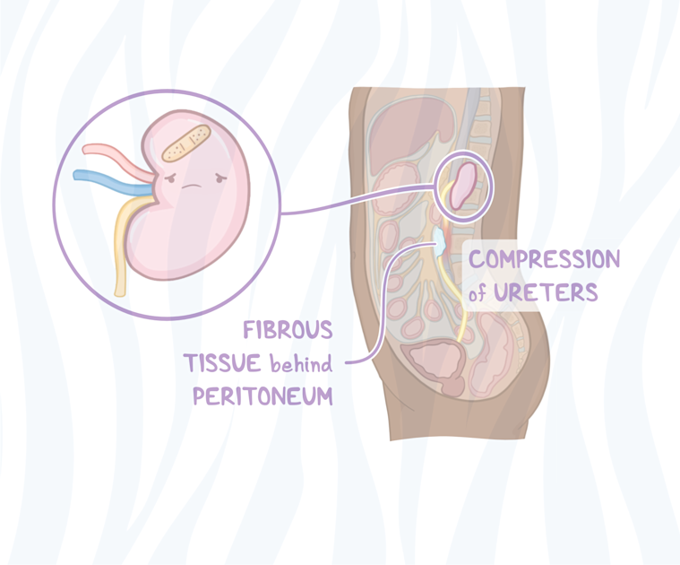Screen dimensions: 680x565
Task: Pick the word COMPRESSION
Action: point(545,260)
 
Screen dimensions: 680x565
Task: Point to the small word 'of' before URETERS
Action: point(482,294)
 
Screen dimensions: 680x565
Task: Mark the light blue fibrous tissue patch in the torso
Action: point(439,238)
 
